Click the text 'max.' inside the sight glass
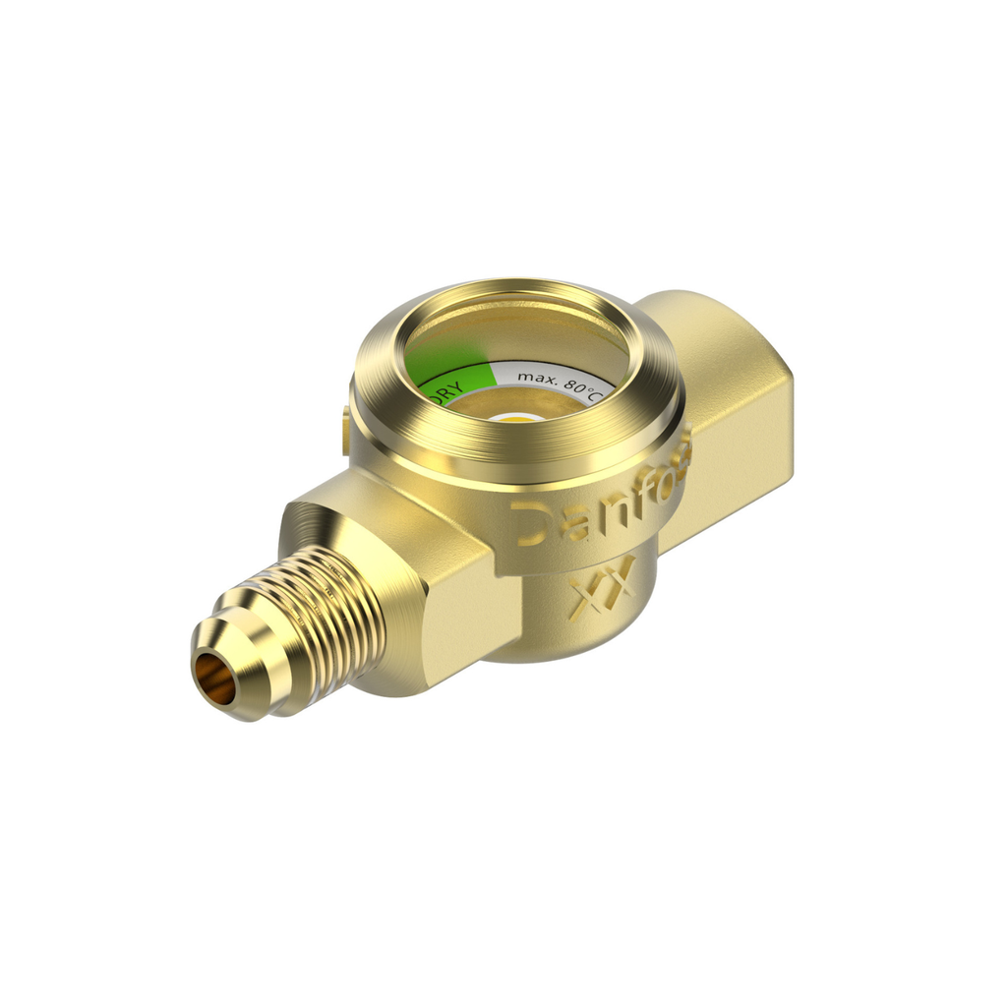click(537, 377)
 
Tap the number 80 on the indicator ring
click(573, 386)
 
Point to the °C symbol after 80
click(593, 394)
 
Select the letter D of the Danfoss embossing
click(532, 522)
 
